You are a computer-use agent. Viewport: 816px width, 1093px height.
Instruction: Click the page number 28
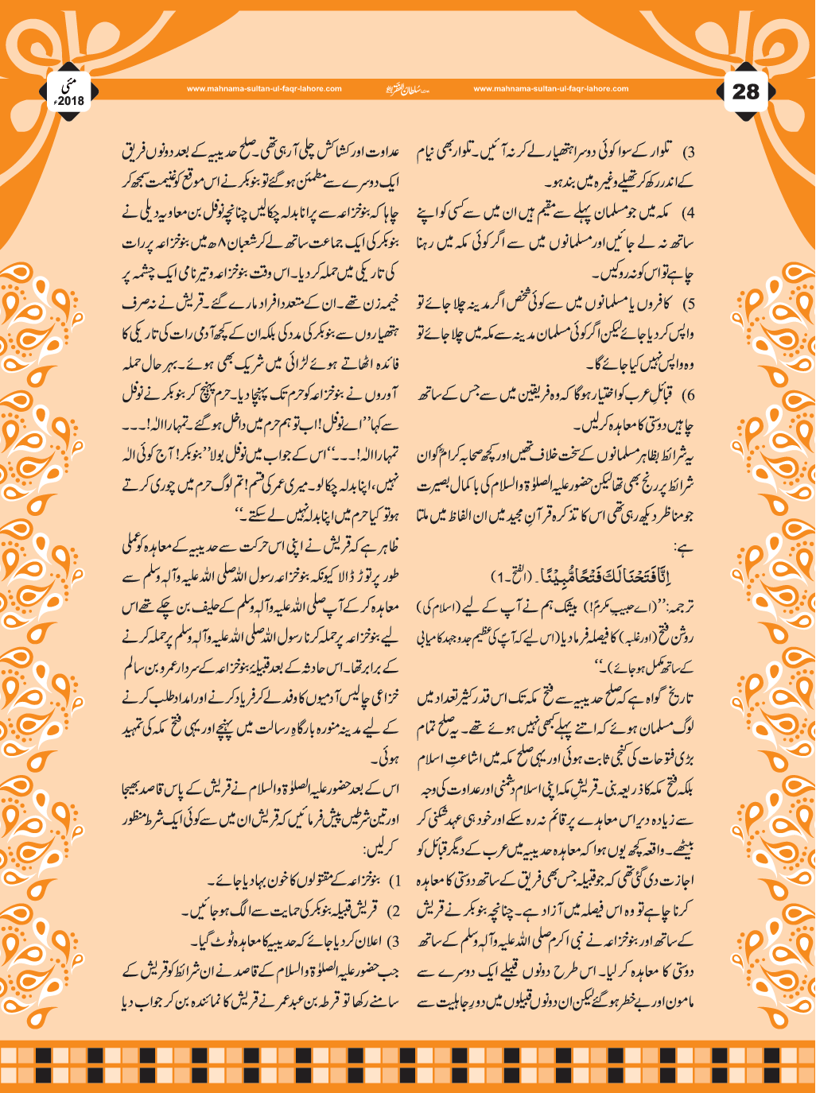pyautogui.click(x=745, y=91)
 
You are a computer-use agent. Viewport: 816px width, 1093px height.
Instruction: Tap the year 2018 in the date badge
pyautogui.click(x=72, y=101)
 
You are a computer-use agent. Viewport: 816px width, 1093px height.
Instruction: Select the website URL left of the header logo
pyautogui.click(x=264, y=89)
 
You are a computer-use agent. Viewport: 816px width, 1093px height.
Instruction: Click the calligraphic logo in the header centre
pyautogui.click(x=406, y=89)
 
